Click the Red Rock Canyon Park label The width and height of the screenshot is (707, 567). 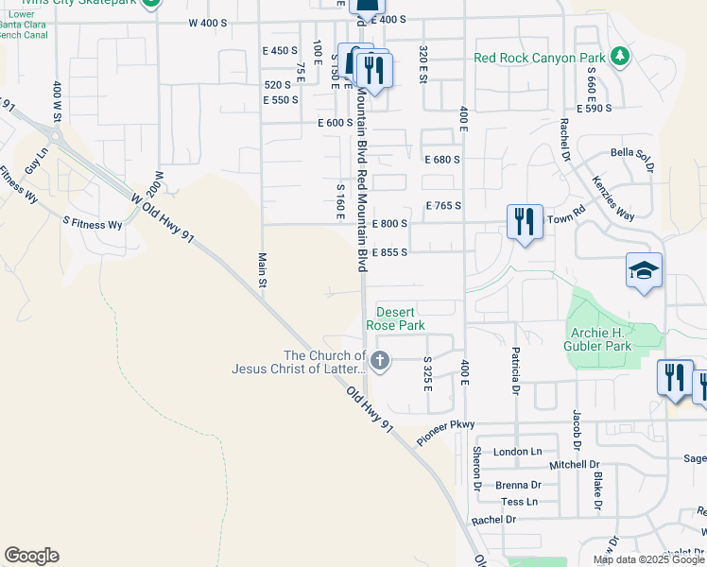point(539,58)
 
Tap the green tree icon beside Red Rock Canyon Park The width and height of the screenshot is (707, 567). point(620,57)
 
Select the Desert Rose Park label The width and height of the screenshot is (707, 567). point(401,318)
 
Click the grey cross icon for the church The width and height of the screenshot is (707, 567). point(379,359)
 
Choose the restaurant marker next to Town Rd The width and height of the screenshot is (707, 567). point(524,221)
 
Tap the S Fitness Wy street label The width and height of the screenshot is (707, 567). point(93,225)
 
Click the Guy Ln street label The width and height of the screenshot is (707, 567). point(36,159)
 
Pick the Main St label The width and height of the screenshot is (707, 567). point(262,265)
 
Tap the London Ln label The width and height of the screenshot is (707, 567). point(518,452)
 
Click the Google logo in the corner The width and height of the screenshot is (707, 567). point(31,556)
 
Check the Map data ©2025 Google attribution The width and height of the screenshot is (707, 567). point(647,559)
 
